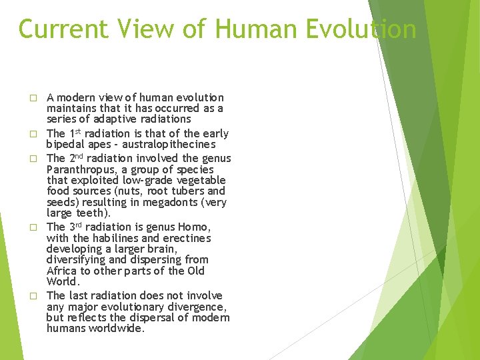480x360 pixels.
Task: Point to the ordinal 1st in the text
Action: click(75, 133)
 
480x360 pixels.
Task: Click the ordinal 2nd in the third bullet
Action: click(76, 158)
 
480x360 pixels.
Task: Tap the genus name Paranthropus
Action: click(80, 169)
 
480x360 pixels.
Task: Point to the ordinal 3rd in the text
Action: click(75, 226)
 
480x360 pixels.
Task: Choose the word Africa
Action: click(61, 271)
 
